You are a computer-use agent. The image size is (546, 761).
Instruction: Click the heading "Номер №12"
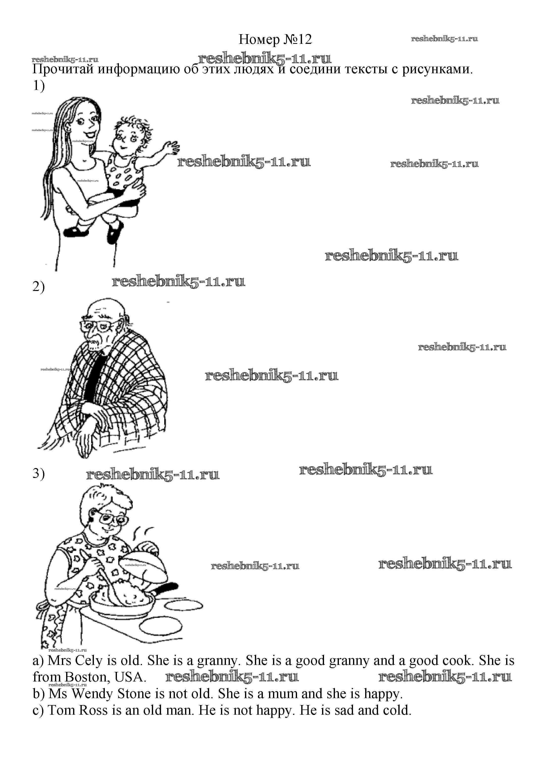point(275,40)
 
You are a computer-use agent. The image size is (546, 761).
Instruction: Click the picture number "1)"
point(39,86)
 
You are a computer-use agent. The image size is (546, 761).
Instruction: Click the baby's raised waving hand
point(170,147)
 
